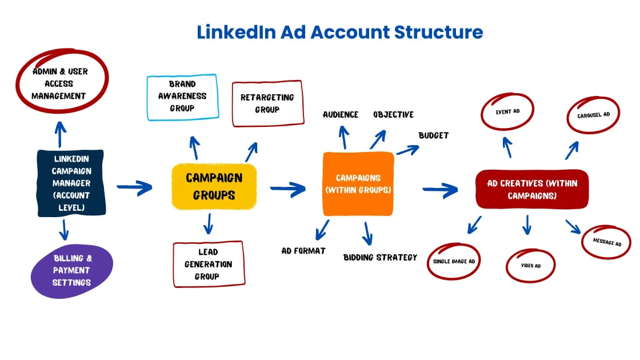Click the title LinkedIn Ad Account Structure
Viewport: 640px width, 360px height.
click(x=339, y=32)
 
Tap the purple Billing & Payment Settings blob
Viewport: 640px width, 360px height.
click(x=72, y=270)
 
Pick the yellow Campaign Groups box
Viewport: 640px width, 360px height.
click(x=214, y=186)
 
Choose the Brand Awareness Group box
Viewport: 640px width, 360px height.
click(x=182, y=97)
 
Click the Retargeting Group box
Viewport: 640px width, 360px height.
click(x=267, y=103)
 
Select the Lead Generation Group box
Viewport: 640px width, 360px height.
click(x=209, y=264)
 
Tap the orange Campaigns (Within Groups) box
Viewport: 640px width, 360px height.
click(x=358, y=183)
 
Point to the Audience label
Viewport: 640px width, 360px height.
click(x=341, y=115)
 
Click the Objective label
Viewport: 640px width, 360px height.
click(x=393, y=115)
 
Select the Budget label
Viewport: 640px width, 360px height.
click(x=434, y=136)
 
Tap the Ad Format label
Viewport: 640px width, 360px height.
click(x=303, y=251)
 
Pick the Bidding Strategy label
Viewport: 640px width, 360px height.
click(x=380, y=258)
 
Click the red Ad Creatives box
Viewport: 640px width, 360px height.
click(x=532, y=189)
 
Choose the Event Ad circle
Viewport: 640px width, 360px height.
click(x=507, y=112)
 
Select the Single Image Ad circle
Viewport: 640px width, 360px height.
click(x=454, y=261)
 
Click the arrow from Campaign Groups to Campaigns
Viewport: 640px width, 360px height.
click(x=289, y=187)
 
